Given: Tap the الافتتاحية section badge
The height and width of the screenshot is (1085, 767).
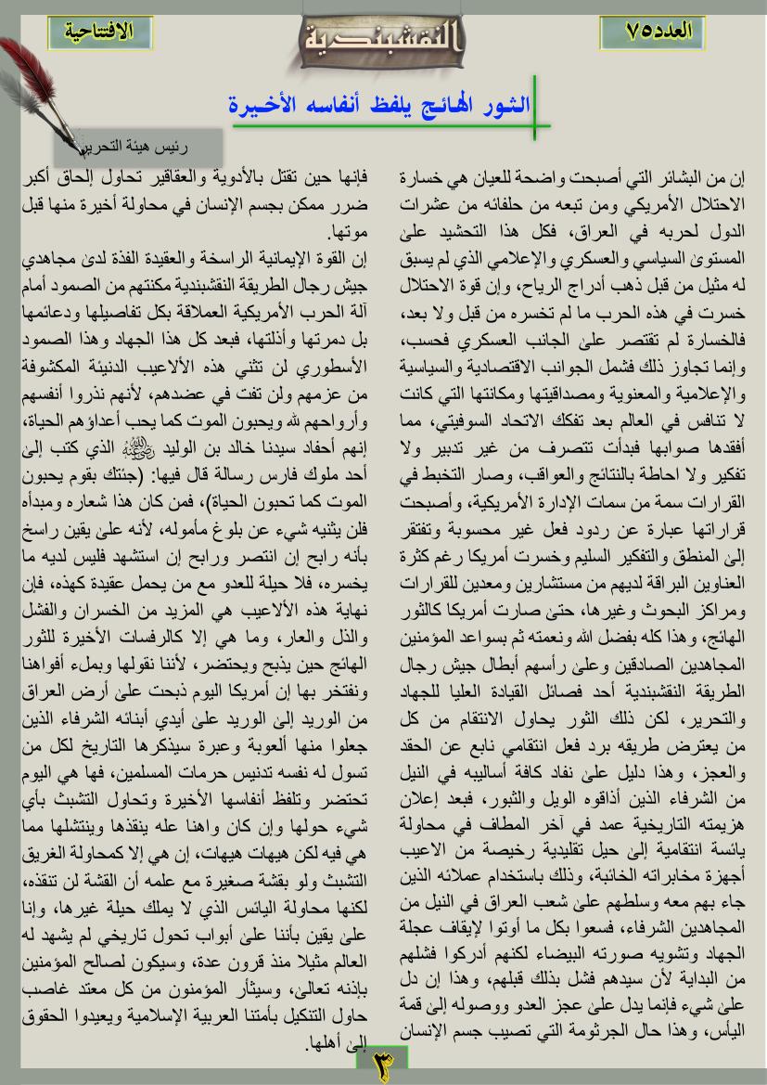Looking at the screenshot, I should pyautogui.click(x=100, y=31).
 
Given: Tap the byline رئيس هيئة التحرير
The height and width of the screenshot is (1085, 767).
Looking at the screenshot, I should pyautogui.click(x=139, y=147).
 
